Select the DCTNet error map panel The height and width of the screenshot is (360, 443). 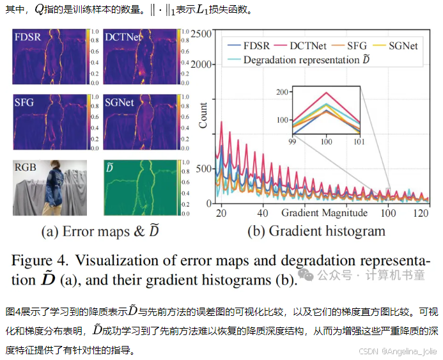tap(138, 57)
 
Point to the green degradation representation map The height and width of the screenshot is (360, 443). tap(138, 187)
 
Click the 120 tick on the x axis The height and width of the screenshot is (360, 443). tap(421, 212)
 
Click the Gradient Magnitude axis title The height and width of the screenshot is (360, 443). tap(324, 212)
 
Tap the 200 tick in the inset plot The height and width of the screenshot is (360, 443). tap(282, 92)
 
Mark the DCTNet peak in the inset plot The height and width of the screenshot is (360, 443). tap(327, 93)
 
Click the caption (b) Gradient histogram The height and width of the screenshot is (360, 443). tap(315, 231)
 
